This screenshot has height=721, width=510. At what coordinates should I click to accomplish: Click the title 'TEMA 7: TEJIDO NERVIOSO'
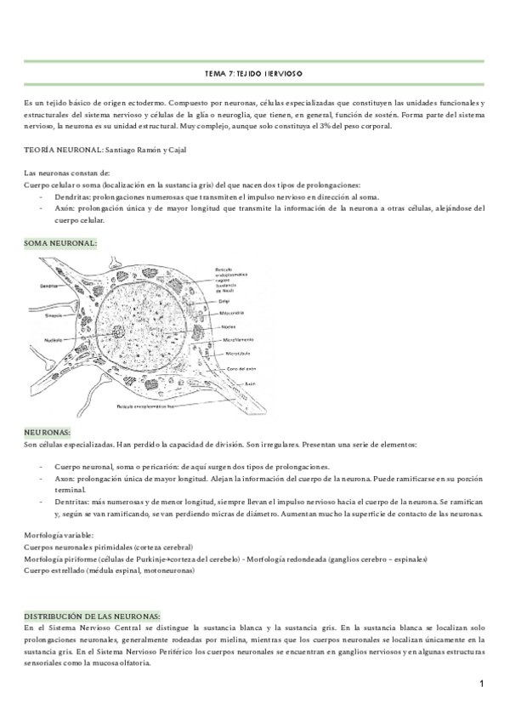[x=254, y=75]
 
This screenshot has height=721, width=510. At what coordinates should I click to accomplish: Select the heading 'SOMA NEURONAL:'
[x=60, y=243]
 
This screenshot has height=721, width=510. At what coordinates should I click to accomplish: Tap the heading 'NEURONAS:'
[x=48, y=432]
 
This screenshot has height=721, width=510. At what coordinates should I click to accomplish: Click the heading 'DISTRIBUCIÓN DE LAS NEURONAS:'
[x=93, y=615]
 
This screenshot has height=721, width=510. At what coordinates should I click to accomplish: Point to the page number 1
[x=481, y=684]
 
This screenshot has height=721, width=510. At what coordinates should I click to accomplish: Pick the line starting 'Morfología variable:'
[x=58, y=535]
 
